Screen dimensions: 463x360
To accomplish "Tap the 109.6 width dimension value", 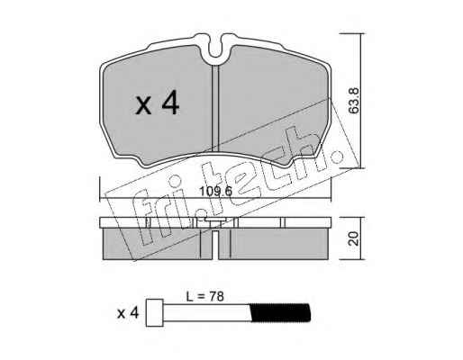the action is pos(216,191).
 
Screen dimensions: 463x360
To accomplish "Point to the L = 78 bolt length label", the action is pos(205,297).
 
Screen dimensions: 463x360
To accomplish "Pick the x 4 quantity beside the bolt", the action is pos(128,313).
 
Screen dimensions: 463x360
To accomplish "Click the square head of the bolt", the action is pos(155,312).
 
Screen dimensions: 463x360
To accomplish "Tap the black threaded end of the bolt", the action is pos(280,312).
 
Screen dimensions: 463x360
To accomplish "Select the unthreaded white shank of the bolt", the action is pos(207,312).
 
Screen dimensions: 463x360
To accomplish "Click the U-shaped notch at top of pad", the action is pos(215,51).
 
